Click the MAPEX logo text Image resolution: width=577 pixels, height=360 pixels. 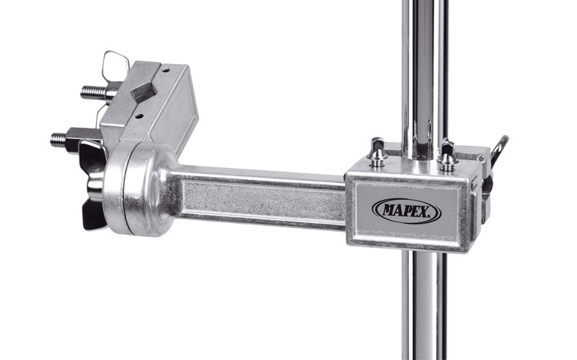coord(406,211)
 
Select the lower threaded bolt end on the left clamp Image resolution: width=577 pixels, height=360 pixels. coord(58,139)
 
